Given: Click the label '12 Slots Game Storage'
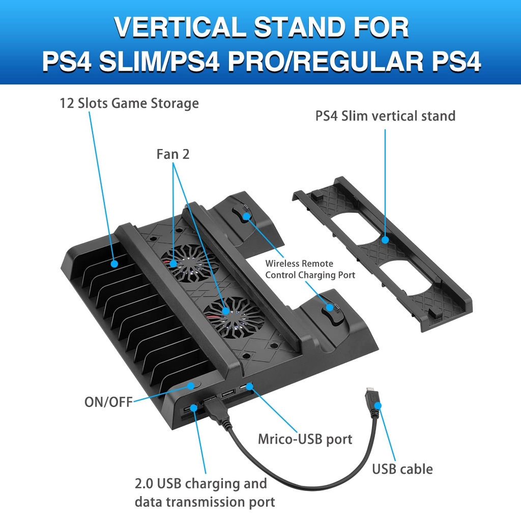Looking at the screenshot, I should (129, 104).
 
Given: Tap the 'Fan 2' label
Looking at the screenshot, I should (173, 154).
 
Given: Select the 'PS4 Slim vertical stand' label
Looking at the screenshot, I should (385, 116).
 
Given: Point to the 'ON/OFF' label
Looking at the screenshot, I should (108, 402).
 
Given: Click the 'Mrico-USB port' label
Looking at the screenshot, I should (305, 439).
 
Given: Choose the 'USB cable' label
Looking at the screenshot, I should (402, 469).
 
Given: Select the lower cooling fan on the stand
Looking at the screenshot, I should (226, 311).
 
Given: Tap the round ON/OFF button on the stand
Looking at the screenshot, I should (191, 386).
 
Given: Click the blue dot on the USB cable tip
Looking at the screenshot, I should (378, 406).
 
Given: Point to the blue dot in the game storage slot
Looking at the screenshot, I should (114, 264).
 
